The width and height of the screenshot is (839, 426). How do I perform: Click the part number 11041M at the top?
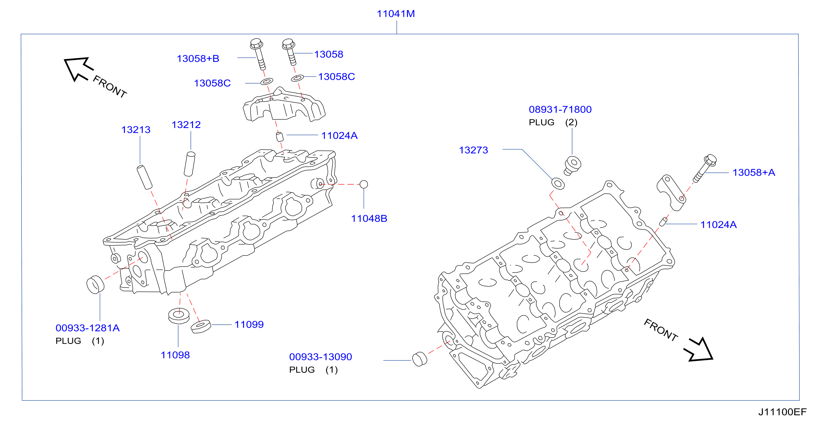396,14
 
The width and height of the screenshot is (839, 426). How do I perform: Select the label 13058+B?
198,59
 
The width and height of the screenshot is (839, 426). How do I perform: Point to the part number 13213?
136,130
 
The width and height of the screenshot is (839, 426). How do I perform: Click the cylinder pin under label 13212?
190,164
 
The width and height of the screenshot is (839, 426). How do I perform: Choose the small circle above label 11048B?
364,185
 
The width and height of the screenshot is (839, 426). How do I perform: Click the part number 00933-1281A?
88,328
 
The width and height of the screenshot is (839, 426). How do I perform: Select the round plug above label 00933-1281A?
95,284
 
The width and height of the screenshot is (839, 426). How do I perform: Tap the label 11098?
175,355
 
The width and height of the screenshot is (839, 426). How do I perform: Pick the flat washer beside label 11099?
201,327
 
